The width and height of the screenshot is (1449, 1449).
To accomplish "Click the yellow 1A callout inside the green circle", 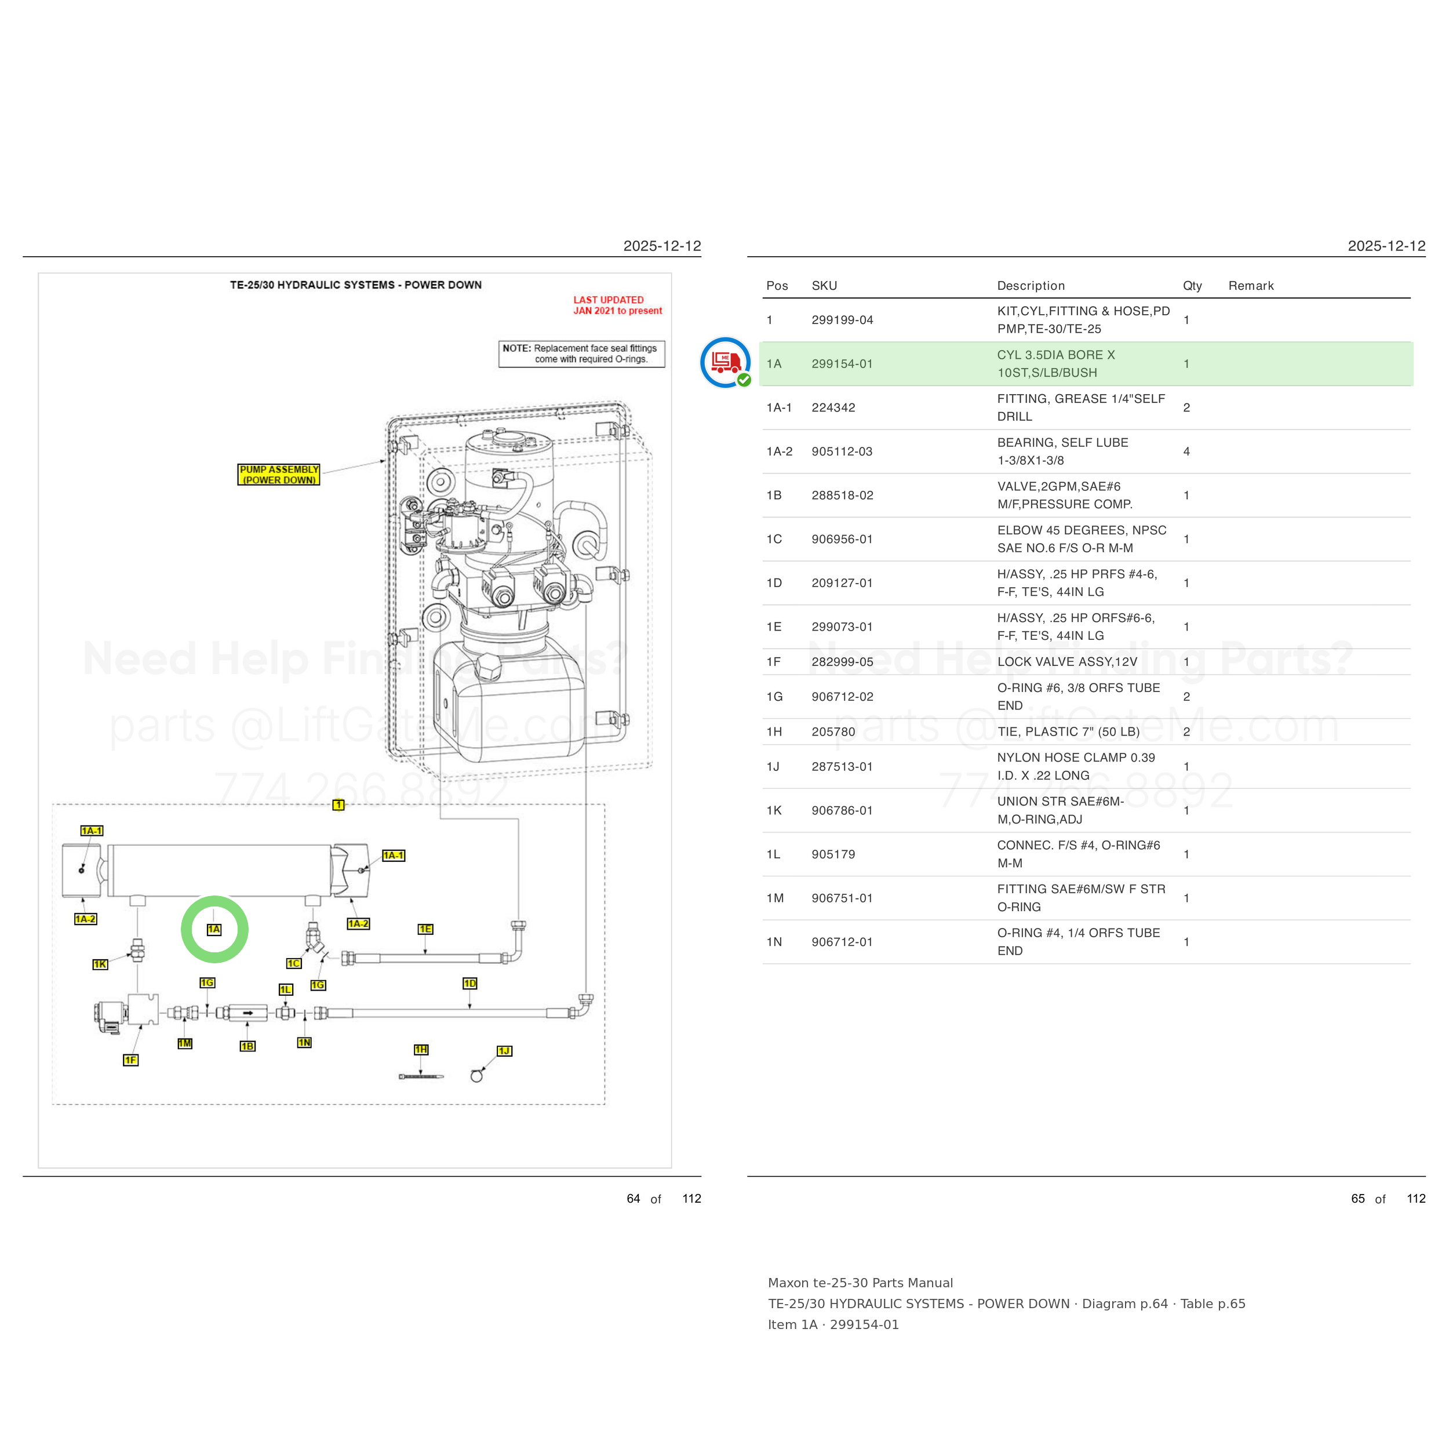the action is pyautogui.click(x=214, y=929).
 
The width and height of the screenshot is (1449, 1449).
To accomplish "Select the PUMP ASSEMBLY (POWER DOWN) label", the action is pyautogui.click(x=279, y=475).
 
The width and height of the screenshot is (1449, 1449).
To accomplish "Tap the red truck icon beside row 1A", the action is pyautogui.click(x=725, y=362).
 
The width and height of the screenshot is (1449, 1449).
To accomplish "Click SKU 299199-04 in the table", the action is pyautogui.click(x=842, y=321).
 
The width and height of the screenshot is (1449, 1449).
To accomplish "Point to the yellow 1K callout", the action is pyautogui.click(x=100, y=964).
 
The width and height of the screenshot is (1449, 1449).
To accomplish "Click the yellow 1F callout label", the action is pyautogui.click(x=130, y=1060).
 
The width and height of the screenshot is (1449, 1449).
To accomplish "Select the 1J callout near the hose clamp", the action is pyautogui.click(x=504, y=1051).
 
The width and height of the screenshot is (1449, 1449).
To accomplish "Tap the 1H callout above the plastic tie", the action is pyautogui.click(x=421, y=1049).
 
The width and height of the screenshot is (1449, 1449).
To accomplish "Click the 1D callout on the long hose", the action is pyautogui.click(x=469, y=983).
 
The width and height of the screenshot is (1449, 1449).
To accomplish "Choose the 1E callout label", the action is pyautogui.click(x=425, y=929).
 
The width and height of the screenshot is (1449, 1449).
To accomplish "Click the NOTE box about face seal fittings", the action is pyautogui.click(x=581, y=354).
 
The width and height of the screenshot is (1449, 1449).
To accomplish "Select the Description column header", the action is pyautogui.click(x=1031, y=286).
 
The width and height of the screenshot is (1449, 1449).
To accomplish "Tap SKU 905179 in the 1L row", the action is pyautogui.click(x=833, y=854).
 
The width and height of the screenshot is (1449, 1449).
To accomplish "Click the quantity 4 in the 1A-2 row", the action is pyautogui.click(x=1186, y=452).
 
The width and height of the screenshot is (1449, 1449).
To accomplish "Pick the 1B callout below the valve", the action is pyautogui.click(x=247, y=1046).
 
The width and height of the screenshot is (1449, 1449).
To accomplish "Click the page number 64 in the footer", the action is pyautogui.click(x=633, y=1199).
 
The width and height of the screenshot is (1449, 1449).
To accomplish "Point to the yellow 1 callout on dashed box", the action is pyautogui.click(x=338, y=804).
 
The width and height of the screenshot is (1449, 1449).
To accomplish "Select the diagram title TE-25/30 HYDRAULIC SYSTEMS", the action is pyautogui.click(x=355, y=285).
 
